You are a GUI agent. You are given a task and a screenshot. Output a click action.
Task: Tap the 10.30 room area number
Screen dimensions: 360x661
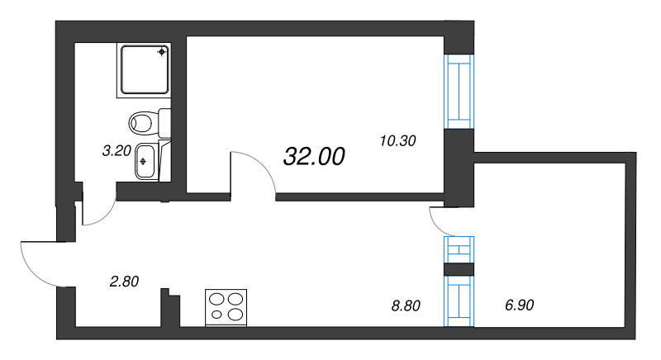397,140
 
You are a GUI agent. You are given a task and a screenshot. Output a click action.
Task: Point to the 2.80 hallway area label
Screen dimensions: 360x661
124,282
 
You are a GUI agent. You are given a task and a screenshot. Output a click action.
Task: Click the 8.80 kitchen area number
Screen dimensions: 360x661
406,306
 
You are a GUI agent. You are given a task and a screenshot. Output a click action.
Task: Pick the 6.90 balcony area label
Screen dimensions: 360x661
520,306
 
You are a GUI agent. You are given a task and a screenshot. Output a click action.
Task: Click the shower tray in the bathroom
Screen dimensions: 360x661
145,71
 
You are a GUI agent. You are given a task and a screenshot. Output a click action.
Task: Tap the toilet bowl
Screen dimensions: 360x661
142,124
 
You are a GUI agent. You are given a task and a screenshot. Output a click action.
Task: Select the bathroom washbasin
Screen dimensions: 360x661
145,159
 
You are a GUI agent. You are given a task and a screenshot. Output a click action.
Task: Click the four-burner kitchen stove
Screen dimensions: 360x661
227,307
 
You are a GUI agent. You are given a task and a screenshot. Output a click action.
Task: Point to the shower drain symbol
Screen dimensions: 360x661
162,52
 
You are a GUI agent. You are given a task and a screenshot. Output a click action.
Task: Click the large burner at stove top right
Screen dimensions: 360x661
236,299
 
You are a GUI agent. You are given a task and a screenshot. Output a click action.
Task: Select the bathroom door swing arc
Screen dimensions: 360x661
97,216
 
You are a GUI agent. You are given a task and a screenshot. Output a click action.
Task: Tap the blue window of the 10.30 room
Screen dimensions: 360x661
459,92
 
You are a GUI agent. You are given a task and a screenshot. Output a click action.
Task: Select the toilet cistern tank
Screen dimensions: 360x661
164,124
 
